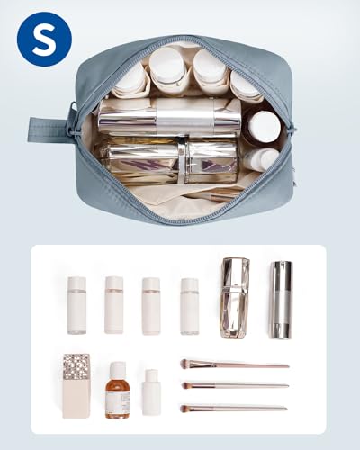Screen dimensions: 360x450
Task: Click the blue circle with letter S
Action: [x=44, y=39]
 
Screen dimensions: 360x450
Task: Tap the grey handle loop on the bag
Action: [x=48, y=130]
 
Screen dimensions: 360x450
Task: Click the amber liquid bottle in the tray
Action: [x=117, y=390]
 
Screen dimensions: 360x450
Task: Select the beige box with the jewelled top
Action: [x=76, y=386]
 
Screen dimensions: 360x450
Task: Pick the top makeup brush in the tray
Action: [x=235, y=364]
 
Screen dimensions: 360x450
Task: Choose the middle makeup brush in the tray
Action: [x=235, y=385]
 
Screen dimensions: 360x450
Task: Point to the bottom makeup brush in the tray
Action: [x=234, y=409]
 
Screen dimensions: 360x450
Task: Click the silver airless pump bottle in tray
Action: [x=281, y=300]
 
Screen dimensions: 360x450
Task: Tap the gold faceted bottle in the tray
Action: [x=236, y=298]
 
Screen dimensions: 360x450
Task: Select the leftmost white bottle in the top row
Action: [x=76, y=305]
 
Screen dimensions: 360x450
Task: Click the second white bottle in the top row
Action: [x=114, y=305]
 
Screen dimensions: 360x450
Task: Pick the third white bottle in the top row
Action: [x=151, y=306]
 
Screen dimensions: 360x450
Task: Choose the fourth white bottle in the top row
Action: [x=190, y=306]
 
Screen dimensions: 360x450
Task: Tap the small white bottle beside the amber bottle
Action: [x=151, y=392]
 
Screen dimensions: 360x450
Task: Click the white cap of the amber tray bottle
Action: [x=117, y=369]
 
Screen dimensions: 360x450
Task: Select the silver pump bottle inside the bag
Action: [x=169, y=117]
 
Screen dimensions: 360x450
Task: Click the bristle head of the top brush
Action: [x=187, y=364]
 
